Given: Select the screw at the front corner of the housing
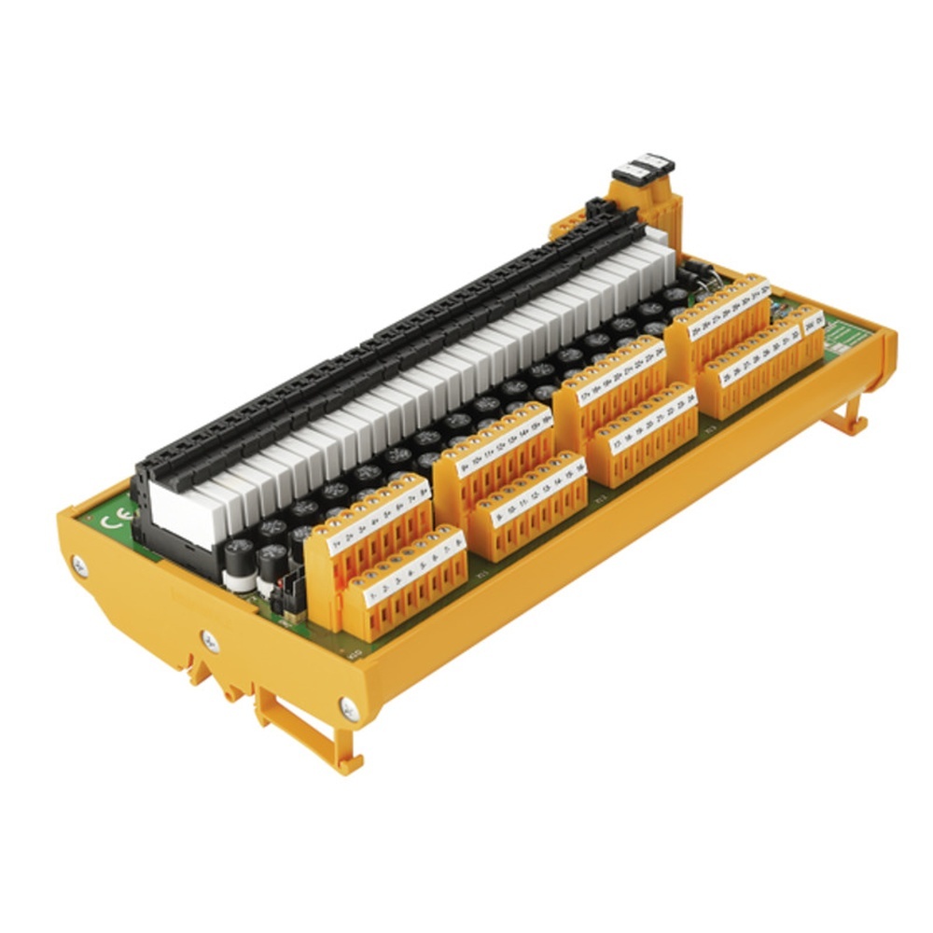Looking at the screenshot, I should coord(350,709).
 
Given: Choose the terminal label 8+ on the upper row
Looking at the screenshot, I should coord(425,490).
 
